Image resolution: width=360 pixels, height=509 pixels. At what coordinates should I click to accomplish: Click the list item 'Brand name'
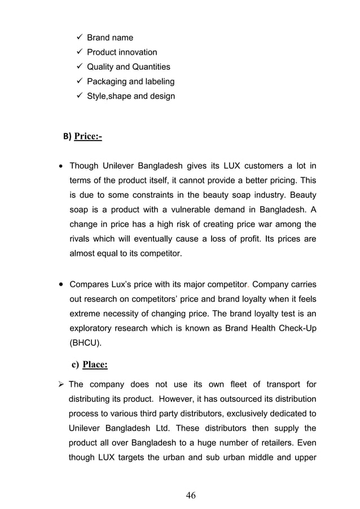point(109,38)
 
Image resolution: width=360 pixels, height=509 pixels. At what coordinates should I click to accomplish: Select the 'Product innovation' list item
point(121,52)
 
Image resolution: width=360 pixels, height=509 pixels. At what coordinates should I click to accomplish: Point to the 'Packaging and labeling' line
point(130,82)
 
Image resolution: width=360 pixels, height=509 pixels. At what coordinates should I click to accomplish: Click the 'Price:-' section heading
point(88,136)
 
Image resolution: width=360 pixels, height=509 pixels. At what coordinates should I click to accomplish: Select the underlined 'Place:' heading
point(95,365)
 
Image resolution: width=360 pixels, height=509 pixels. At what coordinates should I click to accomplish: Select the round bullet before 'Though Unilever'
point(60,166)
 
